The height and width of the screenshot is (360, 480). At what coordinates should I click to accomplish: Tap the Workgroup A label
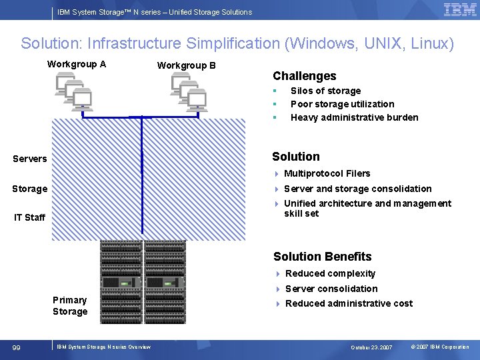click(x=77, y=64)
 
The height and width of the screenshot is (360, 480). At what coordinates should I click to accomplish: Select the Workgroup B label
click(x=186, y=65)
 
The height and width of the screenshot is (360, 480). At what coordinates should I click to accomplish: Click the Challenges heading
click(x=304, y=76)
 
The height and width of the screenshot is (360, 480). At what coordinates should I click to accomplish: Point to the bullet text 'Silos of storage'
click(x=325, y=91)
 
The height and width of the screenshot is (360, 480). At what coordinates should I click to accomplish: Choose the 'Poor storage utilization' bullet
click(x=342, y=104)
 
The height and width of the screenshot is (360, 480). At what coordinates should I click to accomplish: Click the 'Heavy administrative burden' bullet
click(x=354, y=117)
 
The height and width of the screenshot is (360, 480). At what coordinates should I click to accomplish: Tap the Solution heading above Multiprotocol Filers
click(x=296, y=157)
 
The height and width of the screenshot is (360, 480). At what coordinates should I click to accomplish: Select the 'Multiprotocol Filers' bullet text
click(x=327, y=173)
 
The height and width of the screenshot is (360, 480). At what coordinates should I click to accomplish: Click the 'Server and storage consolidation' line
click(x=357, y=189)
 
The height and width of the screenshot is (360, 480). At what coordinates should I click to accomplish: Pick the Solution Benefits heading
click(x=322, y=257)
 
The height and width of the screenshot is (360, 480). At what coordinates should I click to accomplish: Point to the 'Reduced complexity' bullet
click(x=330, y=273)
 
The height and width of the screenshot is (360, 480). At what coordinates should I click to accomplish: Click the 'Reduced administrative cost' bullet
click(x=349, y=303)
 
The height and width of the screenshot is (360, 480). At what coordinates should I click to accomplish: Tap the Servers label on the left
click(x=30, y=159)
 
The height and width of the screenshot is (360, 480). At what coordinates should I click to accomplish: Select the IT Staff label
click(x=30, y=217)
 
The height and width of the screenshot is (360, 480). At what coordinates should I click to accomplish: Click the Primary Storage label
click(x=70, y=305)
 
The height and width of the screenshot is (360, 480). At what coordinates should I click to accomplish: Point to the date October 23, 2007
click(x=372, y=347)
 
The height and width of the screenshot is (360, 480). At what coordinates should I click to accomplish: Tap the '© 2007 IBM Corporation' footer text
click(x=439, y=347)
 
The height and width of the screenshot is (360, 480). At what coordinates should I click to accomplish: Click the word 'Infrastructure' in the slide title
click(x=129, y=44)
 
